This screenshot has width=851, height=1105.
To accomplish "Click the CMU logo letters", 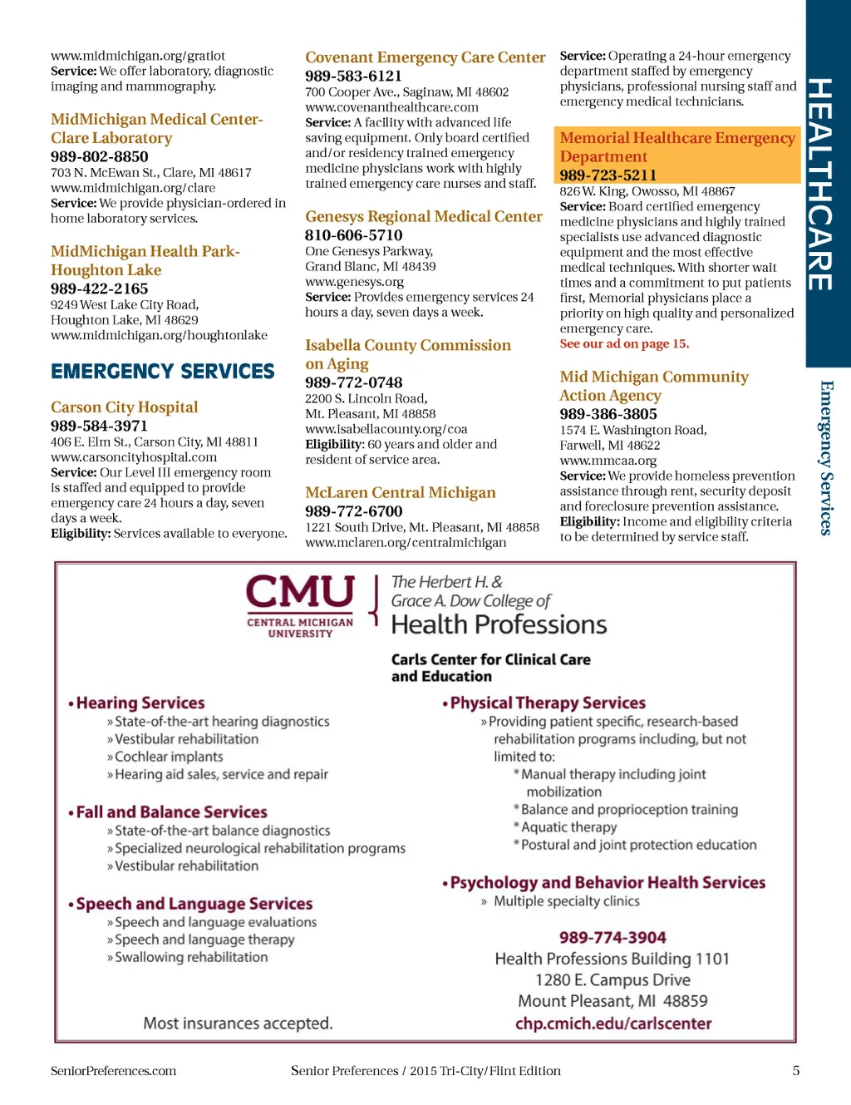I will [x=300, y=593].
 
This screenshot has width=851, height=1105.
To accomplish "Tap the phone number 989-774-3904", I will [x=612, y=937].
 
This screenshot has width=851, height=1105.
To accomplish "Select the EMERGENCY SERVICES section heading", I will [x=163, y=371].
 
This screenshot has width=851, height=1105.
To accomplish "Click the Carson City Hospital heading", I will [x=125, y=407].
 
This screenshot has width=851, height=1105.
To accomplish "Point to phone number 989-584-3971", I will [x=99, y=426].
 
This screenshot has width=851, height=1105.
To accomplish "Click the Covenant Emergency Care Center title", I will [x=425, y=57].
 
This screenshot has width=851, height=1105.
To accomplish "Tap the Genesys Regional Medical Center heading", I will [x=424, y=216].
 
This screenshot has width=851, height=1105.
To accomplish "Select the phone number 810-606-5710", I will [x=353, y=235].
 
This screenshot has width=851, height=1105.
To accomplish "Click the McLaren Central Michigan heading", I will [x=401, y=492].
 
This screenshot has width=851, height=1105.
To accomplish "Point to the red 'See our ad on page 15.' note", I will [x=624, y=343].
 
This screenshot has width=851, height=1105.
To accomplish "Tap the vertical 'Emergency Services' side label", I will [x=826, y=457].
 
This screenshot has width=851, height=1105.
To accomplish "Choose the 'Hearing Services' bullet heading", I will [x=140, y=703].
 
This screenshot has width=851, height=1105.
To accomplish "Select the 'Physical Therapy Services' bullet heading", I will [x=548, y=703].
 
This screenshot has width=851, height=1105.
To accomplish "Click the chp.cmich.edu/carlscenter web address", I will [x=613, y=1024].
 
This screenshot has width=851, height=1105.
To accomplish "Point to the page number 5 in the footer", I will [x=795, y=1071].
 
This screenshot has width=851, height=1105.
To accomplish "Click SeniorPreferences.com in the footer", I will [x=114, y=1071].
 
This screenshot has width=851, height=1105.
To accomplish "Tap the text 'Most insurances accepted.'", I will [x=238, y=1024].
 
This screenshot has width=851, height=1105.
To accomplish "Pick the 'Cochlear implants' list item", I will [x=169, y=757].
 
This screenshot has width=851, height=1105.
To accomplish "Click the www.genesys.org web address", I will [x=354, y=282].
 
